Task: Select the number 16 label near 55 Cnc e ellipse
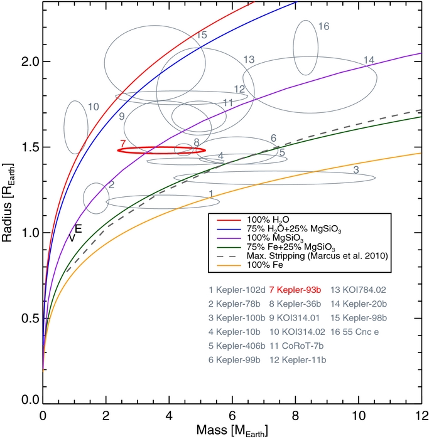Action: (x=324, y=26)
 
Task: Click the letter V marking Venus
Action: (x=72, y=238)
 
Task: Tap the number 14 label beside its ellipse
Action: (x=369, y=60)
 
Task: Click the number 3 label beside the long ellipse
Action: (x=356, y=169)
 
